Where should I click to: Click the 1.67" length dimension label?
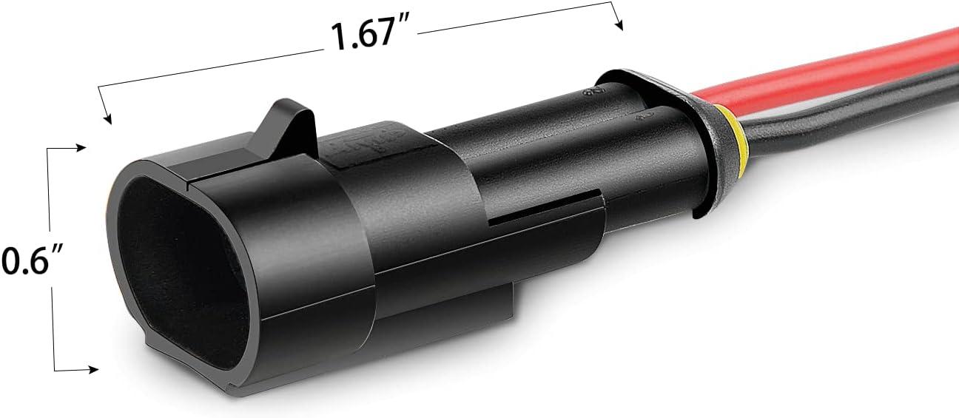click(370, 35)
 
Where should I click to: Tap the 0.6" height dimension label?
click(27, 261)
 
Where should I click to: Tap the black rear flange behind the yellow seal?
click(703, 148)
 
